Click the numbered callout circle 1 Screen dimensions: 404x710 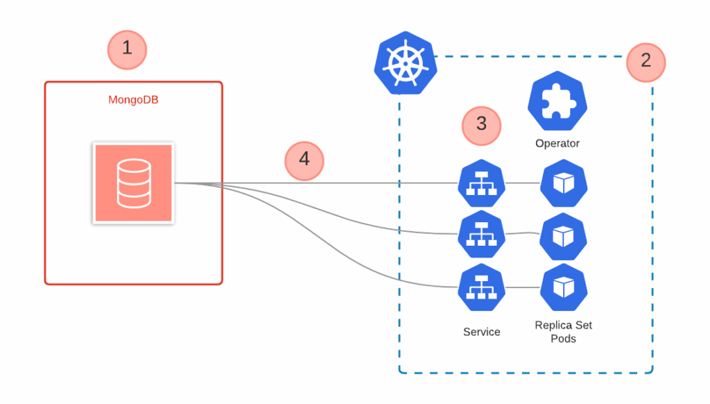click(x=127, y=49)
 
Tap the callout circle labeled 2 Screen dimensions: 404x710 click(x=646, y=62)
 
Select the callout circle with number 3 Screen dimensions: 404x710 click(x=481, y=125)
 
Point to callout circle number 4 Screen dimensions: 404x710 click(x=304, y=160)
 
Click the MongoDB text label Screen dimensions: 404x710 click(x=134, y=100)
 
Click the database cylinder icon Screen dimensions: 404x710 click(x=134, y=183)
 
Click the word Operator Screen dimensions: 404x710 click(x=557, y=144)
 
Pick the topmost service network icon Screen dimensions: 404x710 click(x=481, y=184)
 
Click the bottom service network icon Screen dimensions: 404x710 click(x=481, y=287)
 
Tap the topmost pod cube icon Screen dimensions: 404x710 click(x=564, y=184)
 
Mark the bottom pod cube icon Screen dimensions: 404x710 click(x=564, y=287)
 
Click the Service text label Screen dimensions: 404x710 click(x=481, y=332)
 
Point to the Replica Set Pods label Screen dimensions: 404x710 click(x=564, y=332)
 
